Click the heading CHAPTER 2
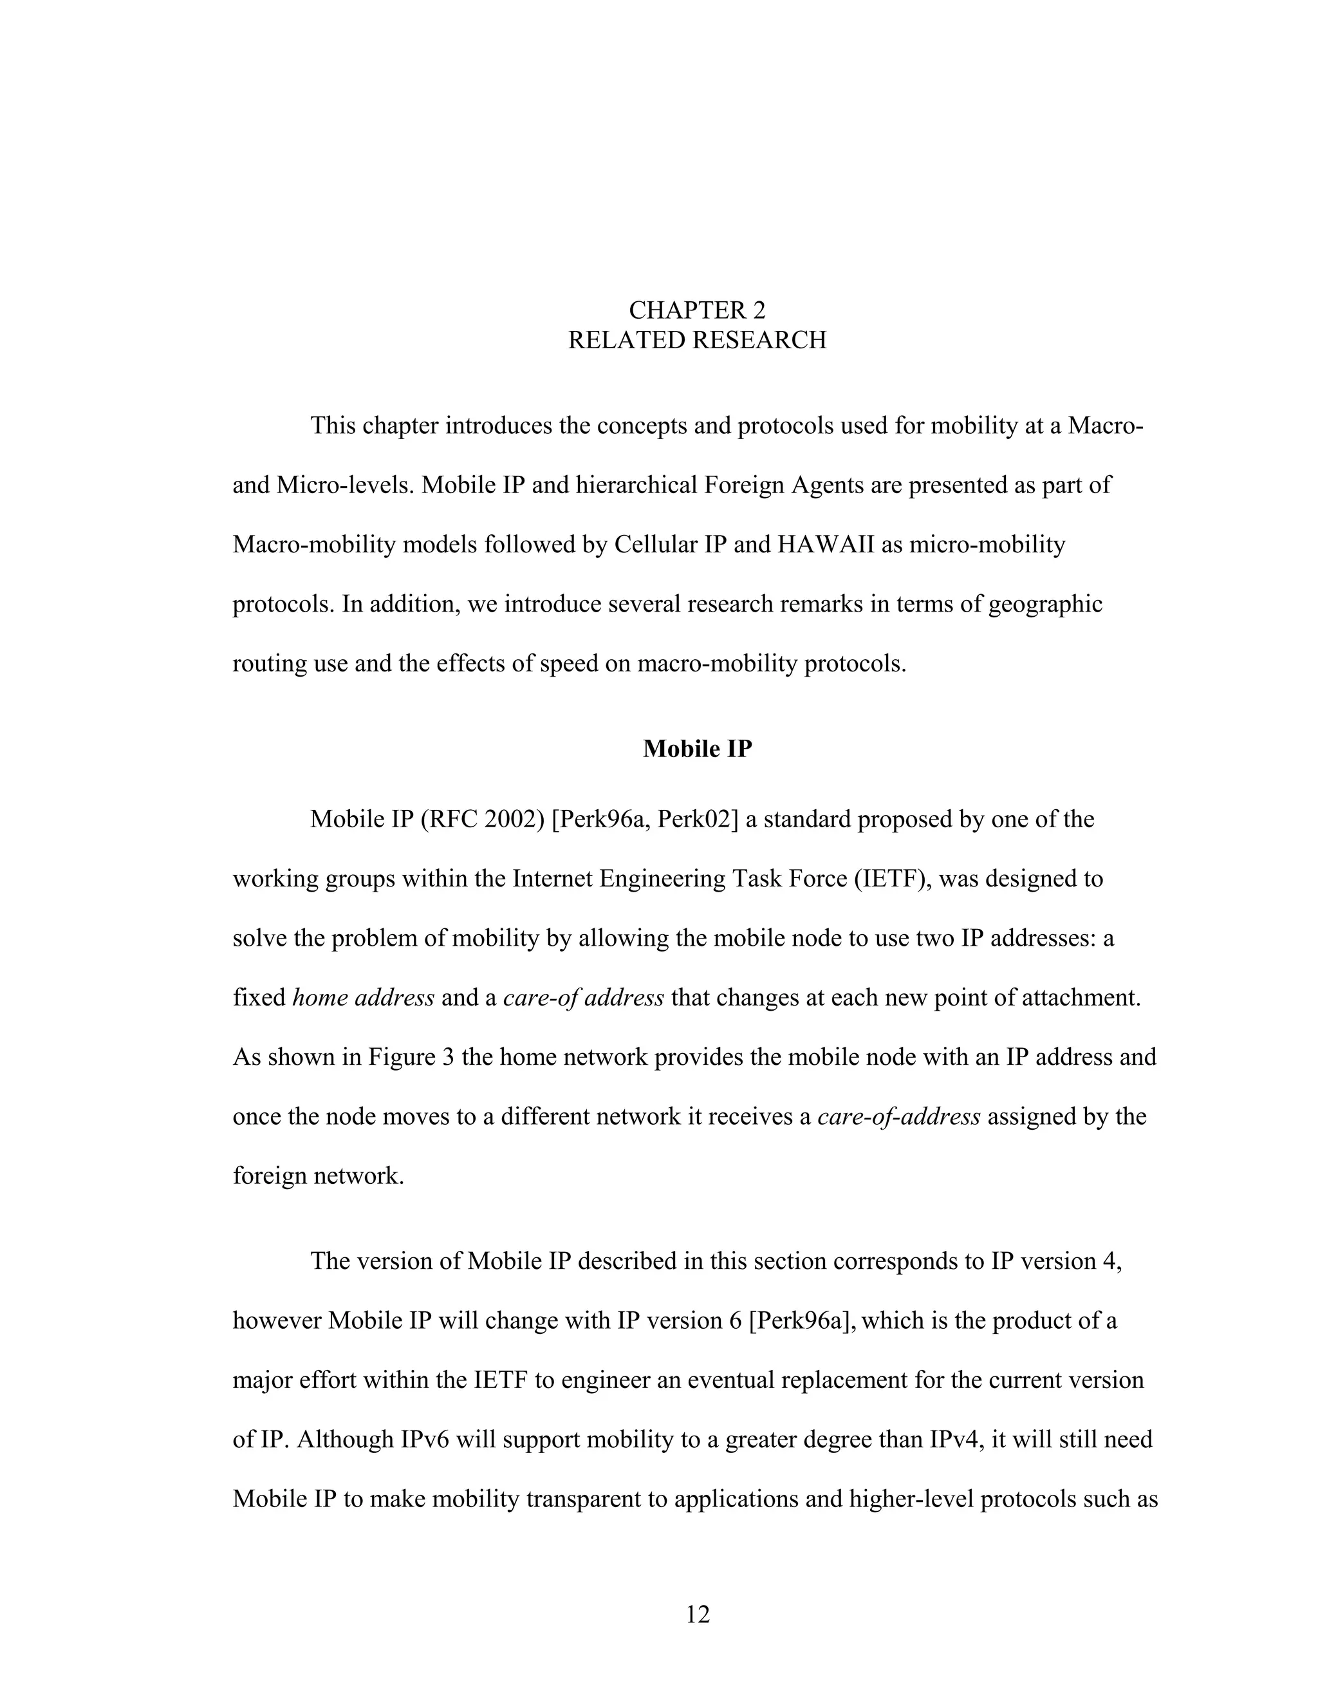click(696, 310)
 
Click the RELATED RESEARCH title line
click(696, 341)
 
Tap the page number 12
click(697, 1613)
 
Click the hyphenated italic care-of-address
click(898, 1116)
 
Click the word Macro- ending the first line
click(1105, 426)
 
